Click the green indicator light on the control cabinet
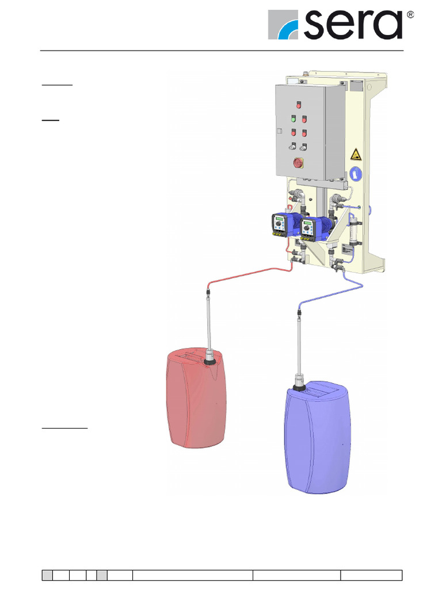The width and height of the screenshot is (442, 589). click(x=292, y=119)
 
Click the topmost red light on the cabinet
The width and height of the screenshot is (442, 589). click(x=299, y=105)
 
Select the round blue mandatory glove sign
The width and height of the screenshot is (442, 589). click(x=356, y=172)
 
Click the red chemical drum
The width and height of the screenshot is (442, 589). click(x=196, y=403)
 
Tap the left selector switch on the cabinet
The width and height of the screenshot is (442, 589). click(x=292, y=146)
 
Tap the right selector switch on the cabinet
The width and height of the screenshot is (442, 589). click(x=304, y=147)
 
